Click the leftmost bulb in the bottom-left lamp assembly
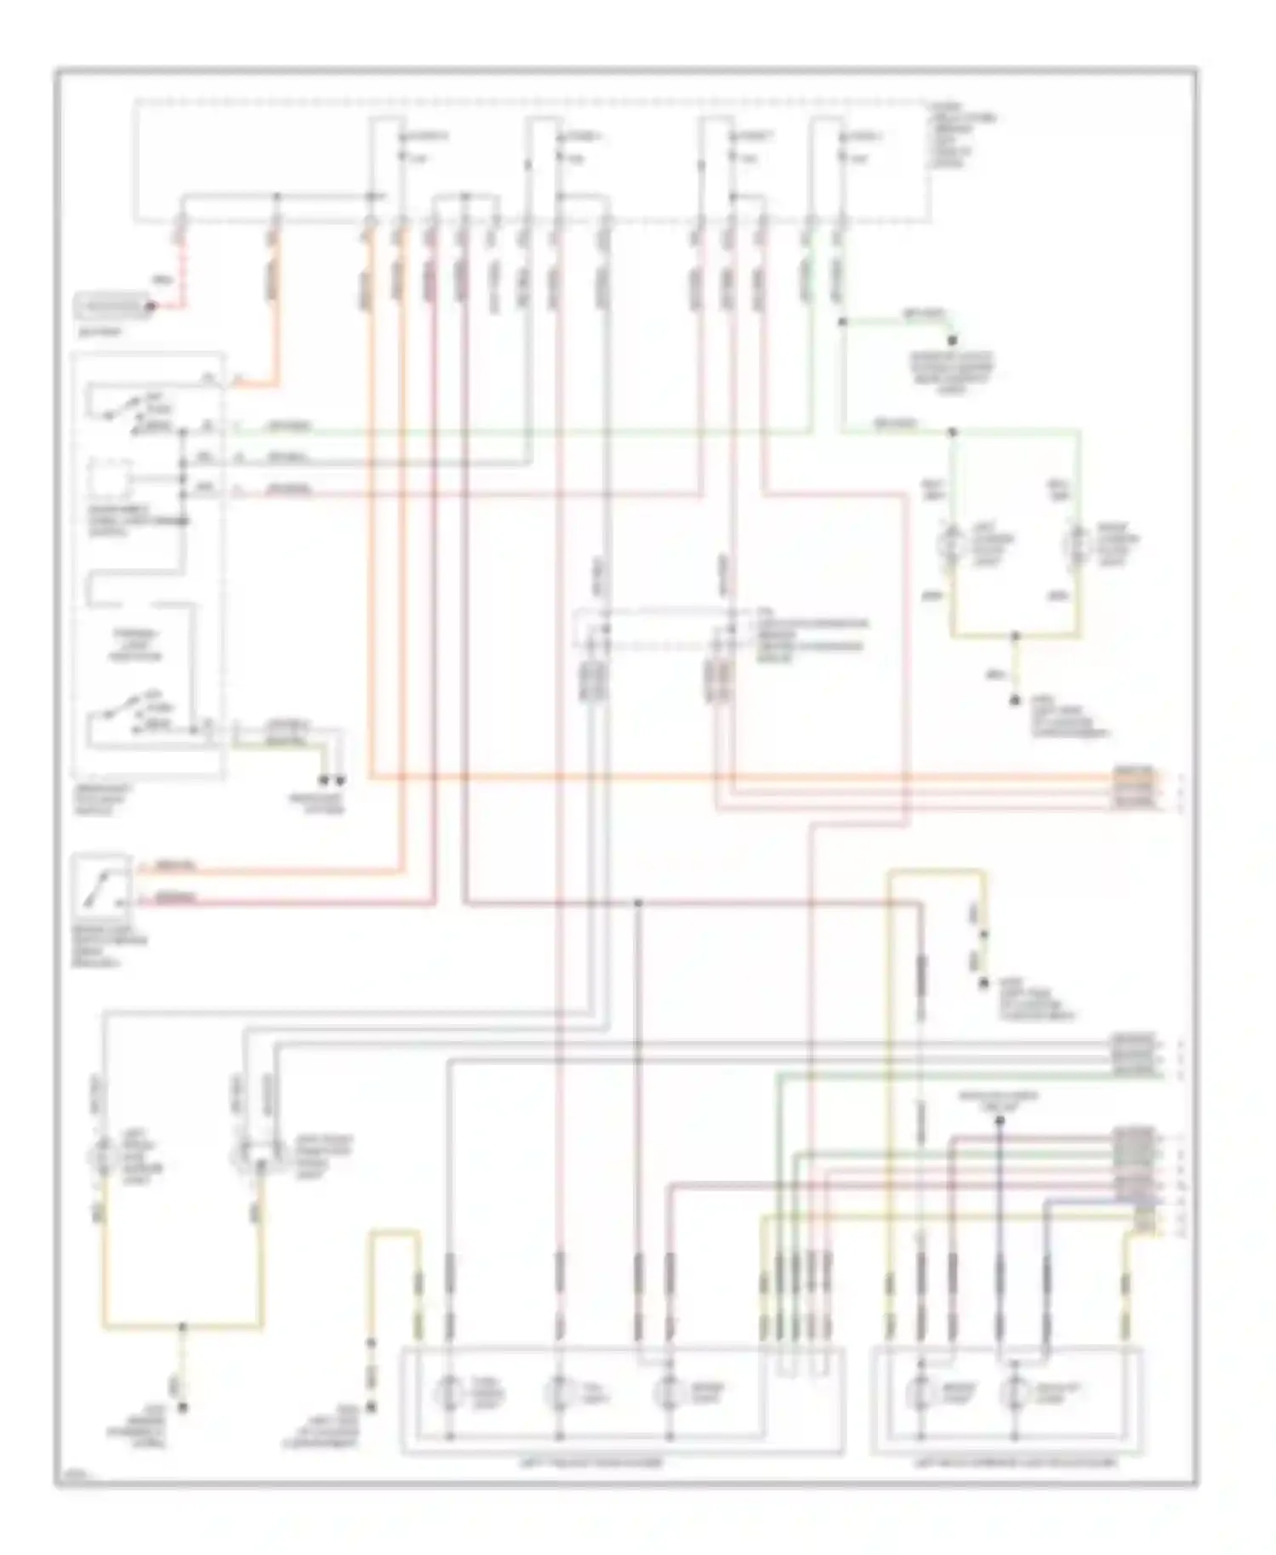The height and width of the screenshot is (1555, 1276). click(x=447, y=1392)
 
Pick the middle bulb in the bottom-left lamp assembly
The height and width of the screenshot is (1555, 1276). click(x=558, y=1392)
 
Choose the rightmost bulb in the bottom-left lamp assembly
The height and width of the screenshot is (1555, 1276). click(x=669, y=1392)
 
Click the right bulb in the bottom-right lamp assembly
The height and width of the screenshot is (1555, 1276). click(x=1014, y=1392)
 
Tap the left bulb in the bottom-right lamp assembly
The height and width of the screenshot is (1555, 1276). click(x=920, y=1392)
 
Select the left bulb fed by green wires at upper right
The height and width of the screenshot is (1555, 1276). click(x=951, y=543)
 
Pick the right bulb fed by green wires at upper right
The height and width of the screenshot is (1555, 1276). click(x=1079, y=543)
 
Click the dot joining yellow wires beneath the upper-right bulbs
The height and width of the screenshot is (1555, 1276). click(x=1015, y=635)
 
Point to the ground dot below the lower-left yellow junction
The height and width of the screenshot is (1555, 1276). click(x=182, y=1408)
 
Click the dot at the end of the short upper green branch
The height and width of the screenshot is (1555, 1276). click(x=953, y=340)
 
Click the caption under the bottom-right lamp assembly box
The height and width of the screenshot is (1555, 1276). click(x=1014, y=1462)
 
